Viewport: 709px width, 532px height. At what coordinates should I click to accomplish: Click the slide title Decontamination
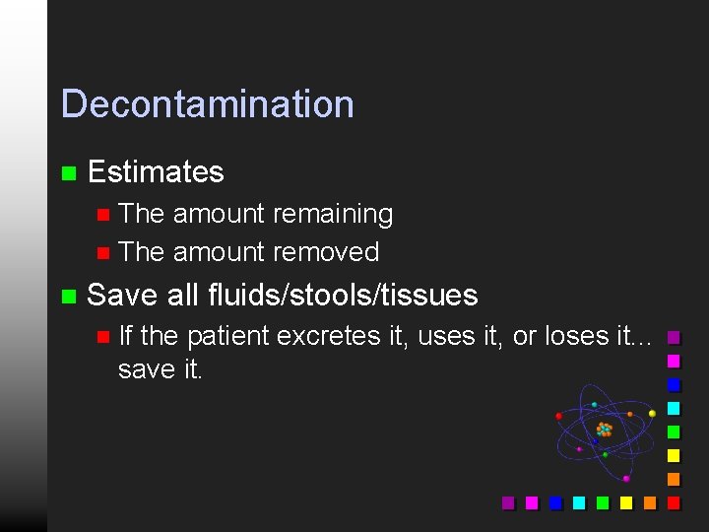click(x=207, y=104)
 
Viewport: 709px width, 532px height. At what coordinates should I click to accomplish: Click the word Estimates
click(x=156, y=172)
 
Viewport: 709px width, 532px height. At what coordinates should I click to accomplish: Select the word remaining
click(x=332, y=214)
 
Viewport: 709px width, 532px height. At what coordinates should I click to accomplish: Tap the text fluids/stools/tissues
click(x=343, y=295)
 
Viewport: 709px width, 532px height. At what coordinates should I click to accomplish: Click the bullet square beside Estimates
click(x=68, y=173)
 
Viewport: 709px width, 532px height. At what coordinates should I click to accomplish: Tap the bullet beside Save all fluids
click(x=68, y=296)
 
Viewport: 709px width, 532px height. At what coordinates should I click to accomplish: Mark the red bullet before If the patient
click(x=103, y=337)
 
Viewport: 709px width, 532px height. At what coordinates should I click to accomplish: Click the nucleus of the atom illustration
click(x=604, y=430)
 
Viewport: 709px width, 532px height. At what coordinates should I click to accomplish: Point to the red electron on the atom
click(x=559, y=416)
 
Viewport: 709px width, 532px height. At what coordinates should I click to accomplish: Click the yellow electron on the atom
click(x=653, y=414)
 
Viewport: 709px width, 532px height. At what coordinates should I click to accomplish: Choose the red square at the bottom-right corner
click(x=674, y=502)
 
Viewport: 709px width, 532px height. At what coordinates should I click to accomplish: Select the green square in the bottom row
click(x=603, y=502)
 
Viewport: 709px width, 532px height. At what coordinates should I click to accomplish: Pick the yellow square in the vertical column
click(x=674, y=455)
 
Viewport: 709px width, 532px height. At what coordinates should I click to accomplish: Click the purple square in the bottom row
click(x=508, y=502)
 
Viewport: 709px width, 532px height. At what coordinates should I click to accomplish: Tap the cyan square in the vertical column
click(x=674, y=408)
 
